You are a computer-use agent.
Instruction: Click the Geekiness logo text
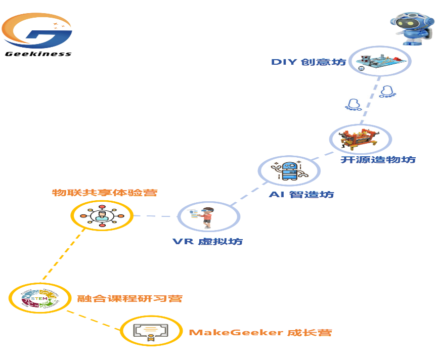point(38,54)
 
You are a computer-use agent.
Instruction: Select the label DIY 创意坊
point(309,62)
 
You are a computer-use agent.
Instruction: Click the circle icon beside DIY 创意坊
point(380,61)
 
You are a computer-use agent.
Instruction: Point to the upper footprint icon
point(387,91)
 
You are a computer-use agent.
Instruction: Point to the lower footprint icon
point(354,104)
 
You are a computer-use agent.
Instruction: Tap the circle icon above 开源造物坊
point(361,139)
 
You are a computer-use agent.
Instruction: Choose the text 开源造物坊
point(378,160)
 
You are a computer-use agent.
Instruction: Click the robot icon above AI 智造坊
point(289,170)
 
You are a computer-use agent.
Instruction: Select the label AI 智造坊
point(301,194)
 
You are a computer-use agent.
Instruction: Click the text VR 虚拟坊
point(207,241)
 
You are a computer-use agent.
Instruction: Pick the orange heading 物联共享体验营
point(105,193)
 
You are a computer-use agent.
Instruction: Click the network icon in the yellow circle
point(102,216)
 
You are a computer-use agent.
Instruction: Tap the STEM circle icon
point(40,298)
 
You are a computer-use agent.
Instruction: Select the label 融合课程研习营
point(129,298)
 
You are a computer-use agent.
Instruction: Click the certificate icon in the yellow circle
point(150,331)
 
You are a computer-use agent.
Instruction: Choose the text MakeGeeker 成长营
point(260,333)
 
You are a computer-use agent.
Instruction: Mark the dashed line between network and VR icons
point(155,216)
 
